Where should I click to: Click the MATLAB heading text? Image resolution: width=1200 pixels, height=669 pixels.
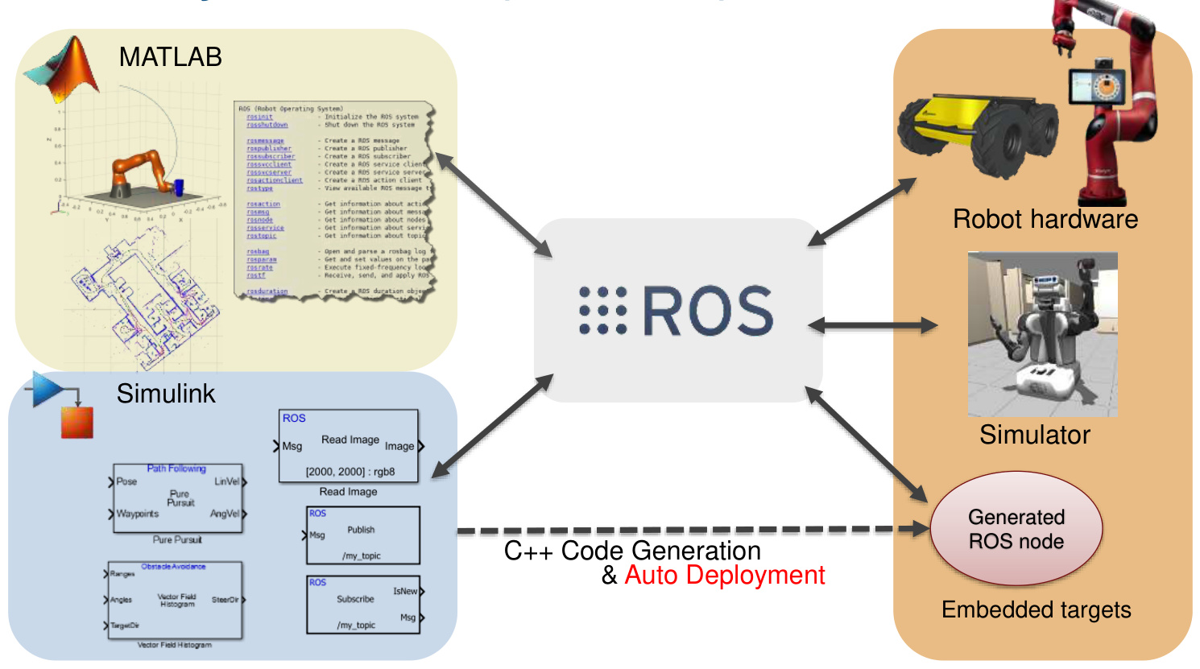(170, 57)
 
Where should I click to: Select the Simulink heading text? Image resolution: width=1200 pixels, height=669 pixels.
(166, 394)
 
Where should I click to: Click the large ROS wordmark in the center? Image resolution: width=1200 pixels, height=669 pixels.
(707, 312)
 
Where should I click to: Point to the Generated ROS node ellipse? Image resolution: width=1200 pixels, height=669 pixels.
(1016, 529)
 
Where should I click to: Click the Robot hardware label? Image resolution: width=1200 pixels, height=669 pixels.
(1045, 219)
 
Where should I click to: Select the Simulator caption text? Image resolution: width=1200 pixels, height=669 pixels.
(1035, 435)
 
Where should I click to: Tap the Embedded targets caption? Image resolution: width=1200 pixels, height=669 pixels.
(1036, 610)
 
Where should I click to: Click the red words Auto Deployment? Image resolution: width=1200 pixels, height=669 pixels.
(725, 576)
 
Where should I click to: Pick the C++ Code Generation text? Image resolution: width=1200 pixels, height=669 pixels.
(632, 551)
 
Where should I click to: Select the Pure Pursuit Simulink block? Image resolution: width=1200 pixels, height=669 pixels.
(177, 498)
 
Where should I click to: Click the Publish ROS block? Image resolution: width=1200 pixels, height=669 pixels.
(363, 535)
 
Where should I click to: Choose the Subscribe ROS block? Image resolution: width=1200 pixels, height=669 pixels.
(363, 604)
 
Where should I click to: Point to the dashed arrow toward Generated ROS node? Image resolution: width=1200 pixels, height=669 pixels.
(693, 530)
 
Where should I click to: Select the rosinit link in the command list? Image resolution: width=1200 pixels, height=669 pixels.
(259, 118)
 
